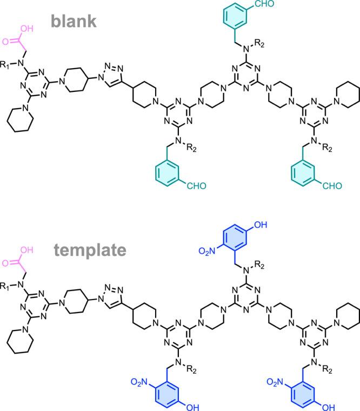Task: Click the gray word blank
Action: pos(74,21)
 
